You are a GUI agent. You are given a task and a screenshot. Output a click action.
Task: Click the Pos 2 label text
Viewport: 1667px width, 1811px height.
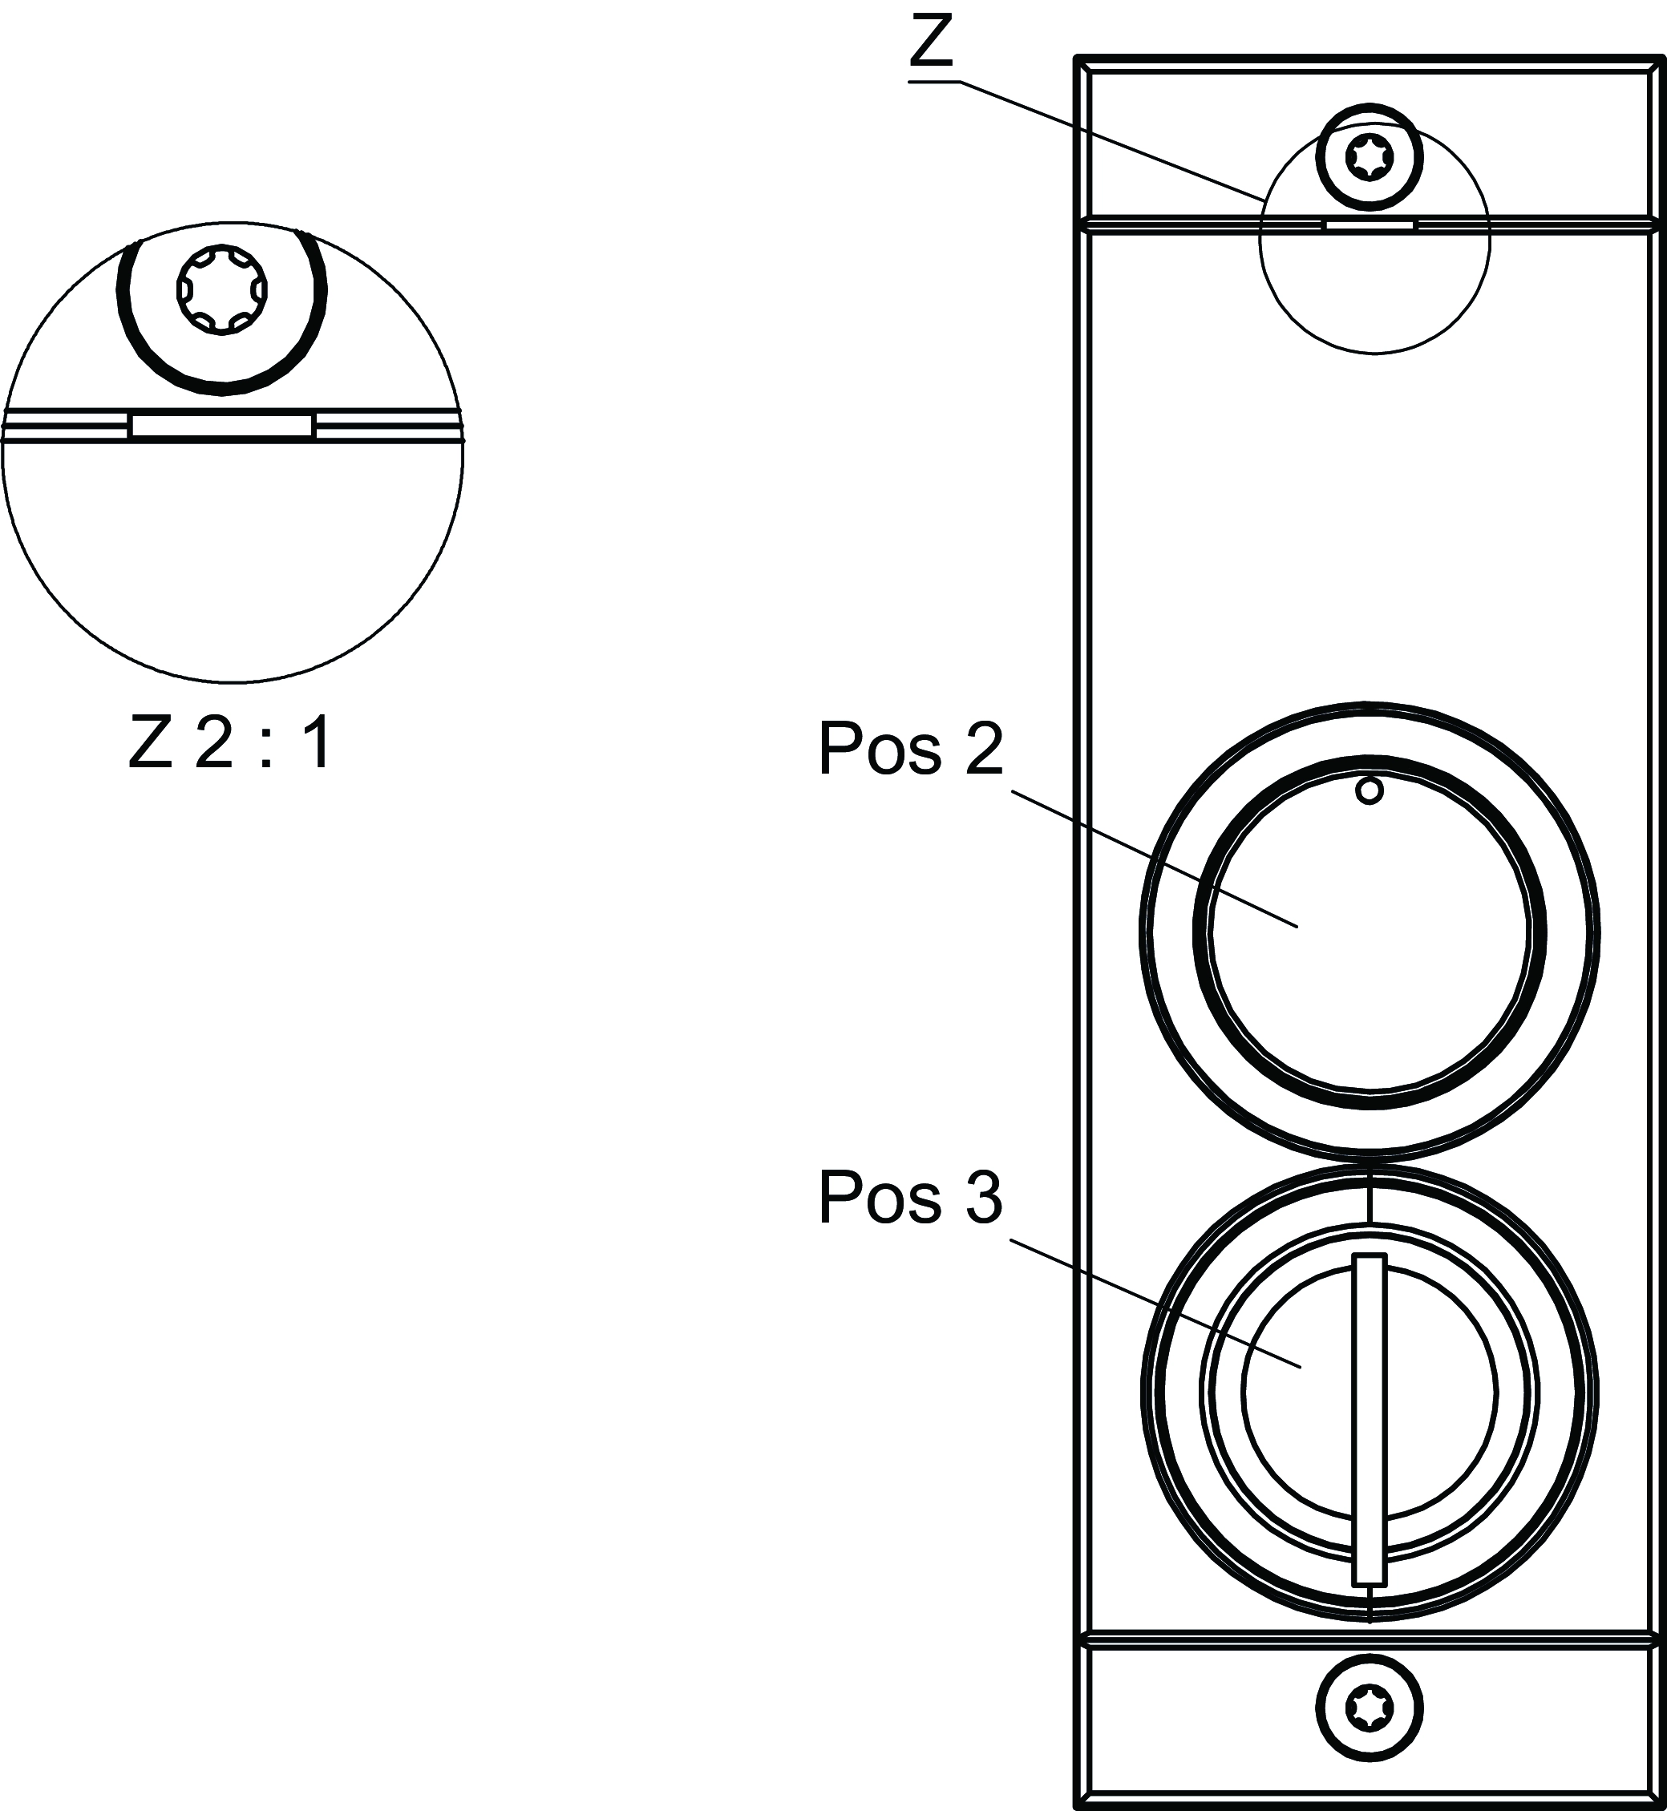click(x=910, y=749)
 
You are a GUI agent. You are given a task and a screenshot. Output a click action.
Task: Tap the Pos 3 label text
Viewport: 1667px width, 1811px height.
click(x=910, y=1198)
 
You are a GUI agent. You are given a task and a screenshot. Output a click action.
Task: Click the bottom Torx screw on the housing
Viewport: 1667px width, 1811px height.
click(x=1370, y=1708)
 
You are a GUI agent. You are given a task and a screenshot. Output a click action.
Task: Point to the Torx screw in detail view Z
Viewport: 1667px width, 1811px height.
click(x=222, y=290)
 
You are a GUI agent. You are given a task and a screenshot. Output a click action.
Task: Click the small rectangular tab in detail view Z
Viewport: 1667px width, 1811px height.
click(x=222, y=426)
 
